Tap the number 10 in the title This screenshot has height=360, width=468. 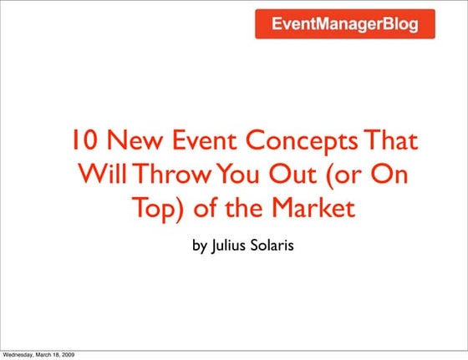[82, 143]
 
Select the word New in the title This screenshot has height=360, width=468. [132, 143]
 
